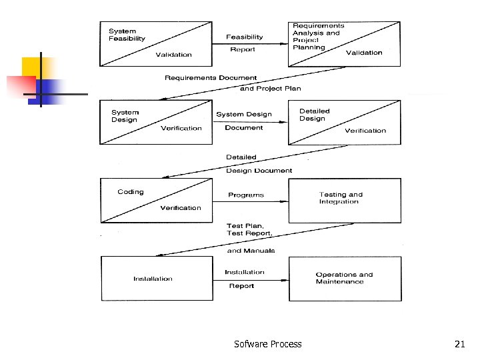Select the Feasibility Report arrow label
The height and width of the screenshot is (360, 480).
[244, 43]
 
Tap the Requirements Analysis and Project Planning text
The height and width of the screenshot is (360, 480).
[317, 36]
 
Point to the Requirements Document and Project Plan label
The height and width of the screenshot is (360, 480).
[233, 83]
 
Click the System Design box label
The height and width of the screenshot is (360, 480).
[125, 116]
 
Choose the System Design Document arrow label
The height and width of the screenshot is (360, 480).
[244, 121]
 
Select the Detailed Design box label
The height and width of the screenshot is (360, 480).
[314, 115]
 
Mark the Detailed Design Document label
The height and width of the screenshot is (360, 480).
[258, 164]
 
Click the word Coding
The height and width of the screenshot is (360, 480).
[131, 192]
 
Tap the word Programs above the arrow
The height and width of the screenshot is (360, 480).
[245, 195]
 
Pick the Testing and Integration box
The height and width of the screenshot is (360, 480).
[344, 199]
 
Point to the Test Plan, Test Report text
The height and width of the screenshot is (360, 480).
[249, 229]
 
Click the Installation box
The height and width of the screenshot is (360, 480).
[153, 279]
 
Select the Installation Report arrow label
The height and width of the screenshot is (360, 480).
[244, 279]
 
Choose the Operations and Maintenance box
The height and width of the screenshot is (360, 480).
[344, 278]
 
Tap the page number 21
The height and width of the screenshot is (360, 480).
[459, 344]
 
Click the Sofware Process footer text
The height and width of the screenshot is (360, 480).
[267, 344]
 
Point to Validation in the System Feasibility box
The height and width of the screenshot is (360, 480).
[173, 55]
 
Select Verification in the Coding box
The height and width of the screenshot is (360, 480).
[180, 208]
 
